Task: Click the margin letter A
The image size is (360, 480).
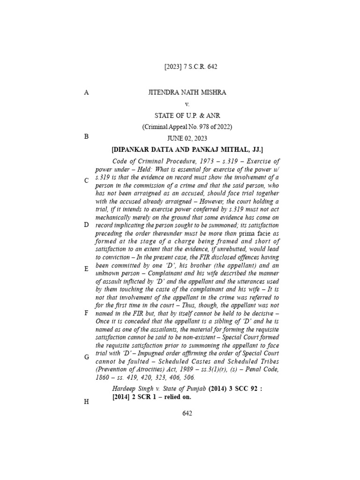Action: (x=86, y=93)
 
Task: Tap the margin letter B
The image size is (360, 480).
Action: (x=86, y=136)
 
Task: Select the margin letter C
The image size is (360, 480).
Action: (x=86, y=180)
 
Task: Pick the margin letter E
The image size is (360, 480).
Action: (x=86, y=269)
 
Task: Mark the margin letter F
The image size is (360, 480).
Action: (x=86, y=312)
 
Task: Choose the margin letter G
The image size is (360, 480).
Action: (x=86, y=357)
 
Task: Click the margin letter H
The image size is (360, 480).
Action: (x=86, y=401)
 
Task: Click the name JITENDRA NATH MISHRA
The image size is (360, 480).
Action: (x=187, y=93)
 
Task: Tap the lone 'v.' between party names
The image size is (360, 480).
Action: (x=187, y=104)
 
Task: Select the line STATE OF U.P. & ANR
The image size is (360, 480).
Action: (x=187, y=115)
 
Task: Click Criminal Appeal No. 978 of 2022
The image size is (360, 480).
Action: (x=187, y=127)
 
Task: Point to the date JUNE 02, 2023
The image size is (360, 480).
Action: (x=187, y=138)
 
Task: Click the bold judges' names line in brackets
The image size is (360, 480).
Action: (x=187, y=150)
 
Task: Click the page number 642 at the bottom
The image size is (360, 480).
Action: (x=187, y=413)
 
